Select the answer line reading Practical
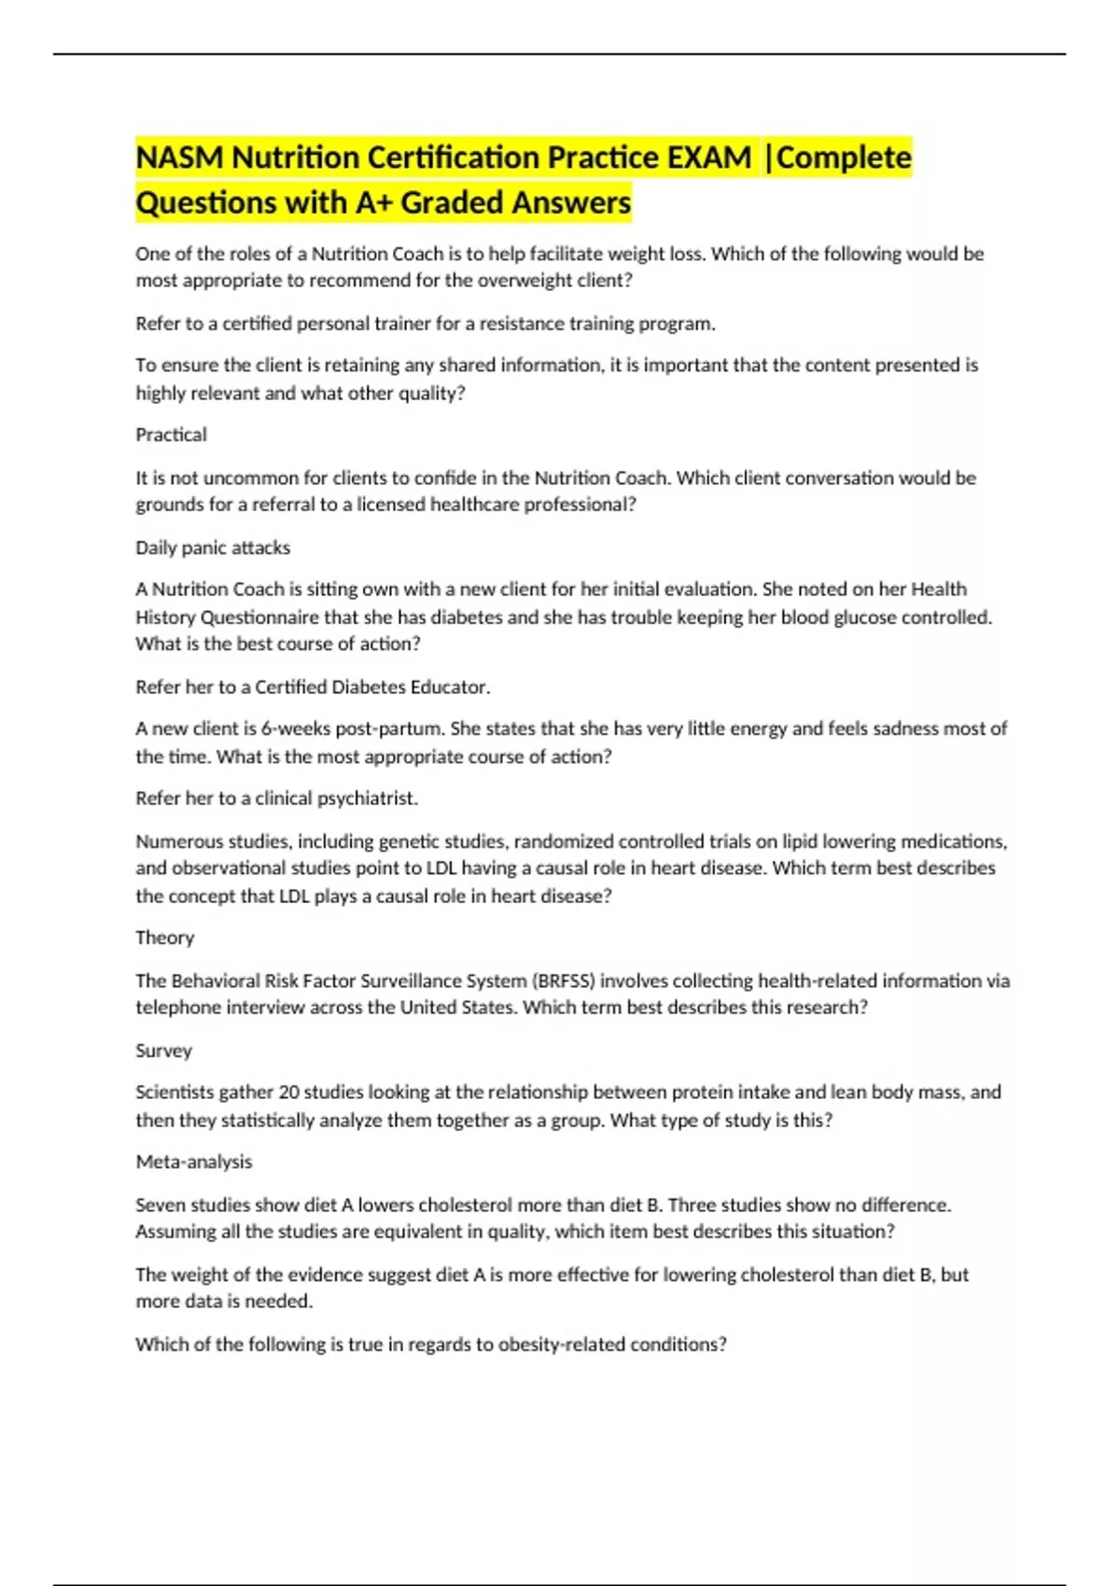tap(171, 435)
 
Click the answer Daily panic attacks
tap(213, 548)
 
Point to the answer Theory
tap(164, 938)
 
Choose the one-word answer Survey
tap(163, 1050)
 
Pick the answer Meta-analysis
tap(194, 1162)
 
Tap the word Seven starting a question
tap(161, 1204)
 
